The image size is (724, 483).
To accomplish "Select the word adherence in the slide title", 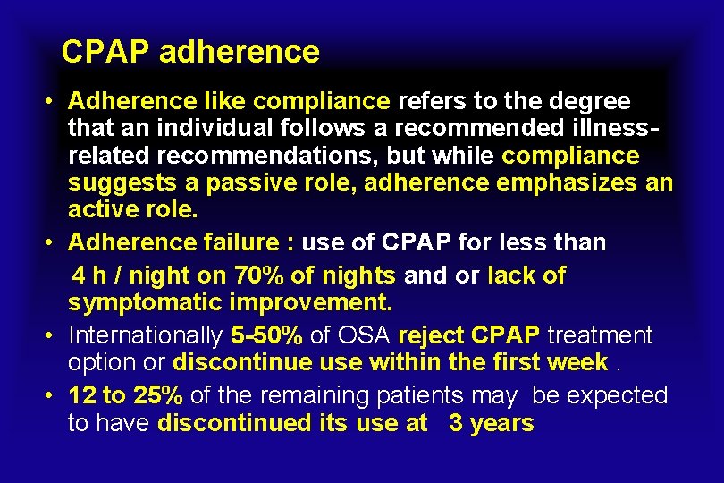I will tap(239, 52).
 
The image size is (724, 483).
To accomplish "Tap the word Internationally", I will tap(146, 335).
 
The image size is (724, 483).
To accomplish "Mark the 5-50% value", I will tap(265, 335).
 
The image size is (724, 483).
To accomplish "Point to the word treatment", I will tap(601, 335).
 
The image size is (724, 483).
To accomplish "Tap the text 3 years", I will tap(491, 423).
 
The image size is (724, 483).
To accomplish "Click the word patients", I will tap(462, 395).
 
